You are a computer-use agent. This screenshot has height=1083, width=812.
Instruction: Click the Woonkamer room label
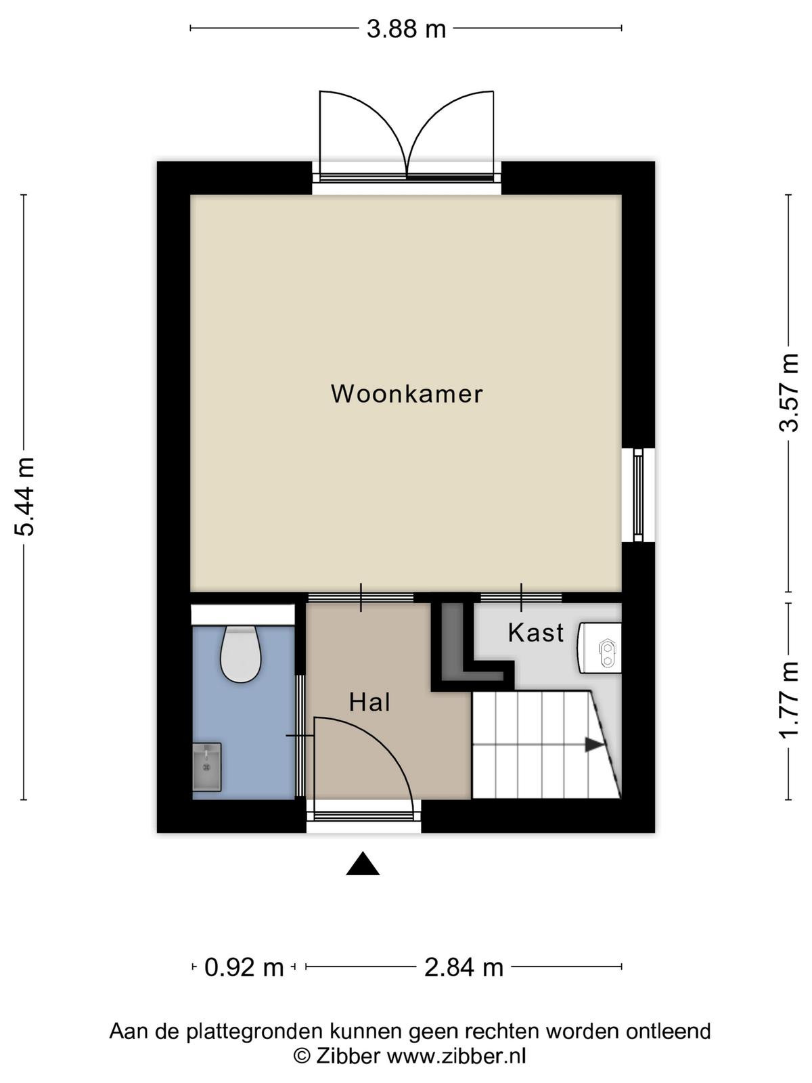(x=407, y=394)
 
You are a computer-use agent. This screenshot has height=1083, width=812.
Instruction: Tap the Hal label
(x=369, y=702)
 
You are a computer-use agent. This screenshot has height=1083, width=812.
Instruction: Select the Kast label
(x=535, y=632)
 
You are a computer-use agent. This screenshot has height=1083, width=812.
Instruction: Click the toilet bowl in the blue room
(x=240, y=655)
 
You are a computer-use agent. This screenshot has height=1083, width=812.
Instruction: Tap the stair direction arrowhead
(x=594, y=745)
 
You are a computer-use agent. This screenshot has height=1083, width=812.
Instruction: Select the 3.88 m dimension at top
(x=406, y=29)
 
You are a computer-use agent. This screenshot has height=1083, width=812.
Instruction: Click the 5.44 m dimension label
(x=25, y=496)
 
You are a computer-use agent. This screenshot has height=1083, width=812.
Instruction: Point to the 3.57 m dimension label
(x=788, y=393)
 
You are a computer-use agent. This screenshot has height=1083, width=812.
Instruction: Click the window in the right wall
(x=638, y=494)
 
